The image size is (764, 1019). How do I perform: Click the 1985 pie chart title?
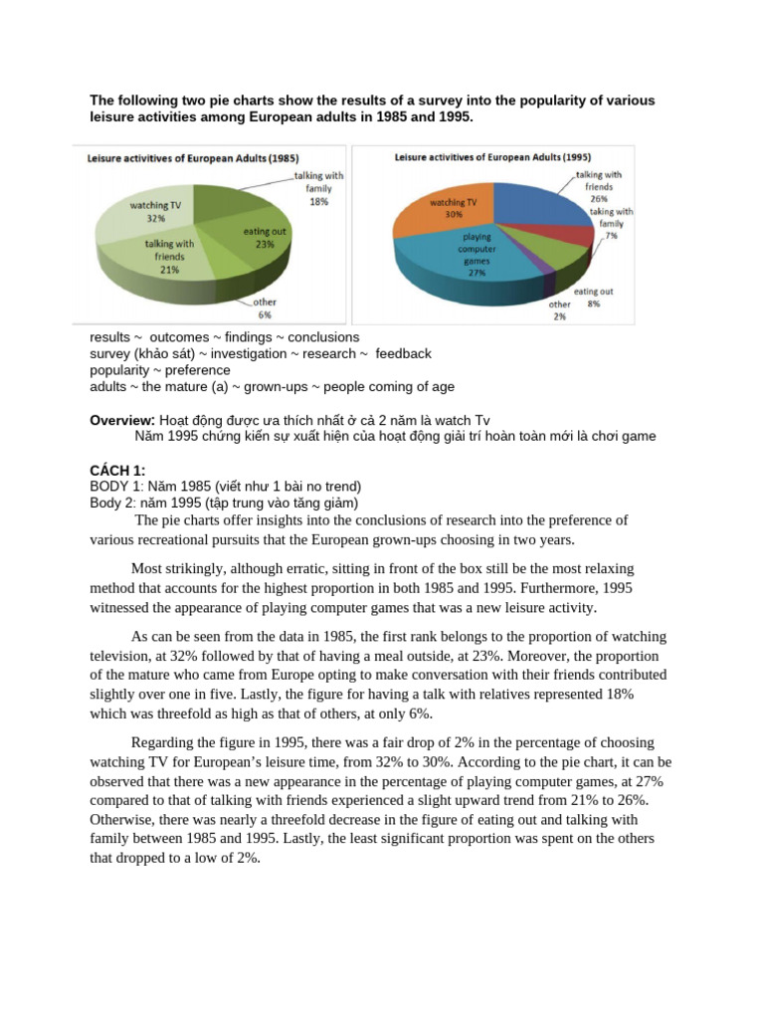coord(193,157)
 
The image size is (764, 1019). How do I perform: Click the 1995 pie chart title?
coord(491,156)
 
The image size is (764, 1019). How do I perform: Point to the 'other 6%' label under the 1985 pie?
coord(265,307)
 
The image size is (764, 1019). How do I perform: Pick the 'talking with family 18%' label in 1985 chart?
coord(318,188)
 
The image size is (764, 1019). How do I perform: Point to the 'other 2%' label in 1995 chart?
coord(560,309)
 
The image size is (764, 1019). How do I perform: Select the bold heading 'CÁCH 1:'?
coord(117,470)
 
